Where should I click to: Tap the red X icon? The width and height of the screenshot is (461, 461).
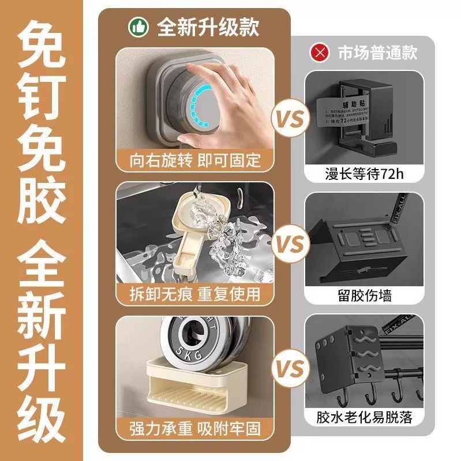[318, 53]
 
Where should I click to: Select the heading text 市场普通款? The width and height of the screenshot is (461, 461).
[376, 53]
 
